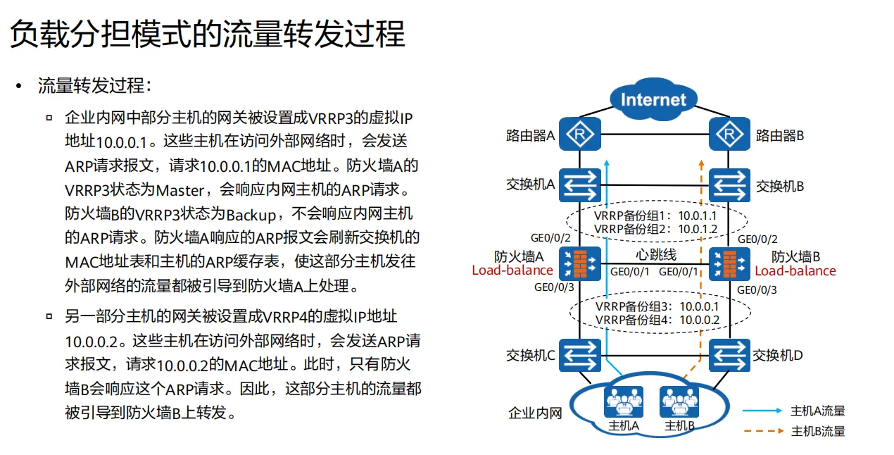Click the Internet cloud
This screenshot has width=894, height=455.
(653, 99)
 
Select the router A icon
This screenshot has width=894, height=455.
(580, 134)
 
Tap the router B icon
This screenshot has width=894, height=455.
(729, 134)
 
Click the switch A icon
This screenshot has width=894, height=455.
(580, 185)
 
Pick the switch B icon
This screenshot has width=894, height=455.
(729, 185)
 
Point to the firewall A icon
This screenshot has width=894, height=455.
(580, 263)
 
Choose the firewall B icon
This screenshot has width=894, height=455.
(729, 263)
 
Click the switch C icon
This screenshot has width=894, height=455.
(580, 355)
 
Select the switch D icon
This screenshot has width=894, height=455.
(729, 355)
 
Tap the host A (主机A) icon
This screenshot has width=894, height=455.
(623, 403)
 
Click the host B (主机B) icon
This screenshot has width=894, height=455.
(679, 403)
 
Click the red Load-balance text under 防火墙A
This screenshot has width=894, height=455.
(512, 270)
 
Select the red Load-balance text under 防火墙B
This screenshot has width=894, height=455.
(795, 270)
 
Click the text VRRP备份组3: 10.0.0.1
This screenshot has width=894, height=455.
(657, 306)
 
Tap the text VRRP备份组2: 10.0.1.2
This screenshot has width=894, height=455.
(655, 229)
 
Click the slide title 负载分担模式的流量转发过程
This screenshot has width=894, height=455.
(208, 33)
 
